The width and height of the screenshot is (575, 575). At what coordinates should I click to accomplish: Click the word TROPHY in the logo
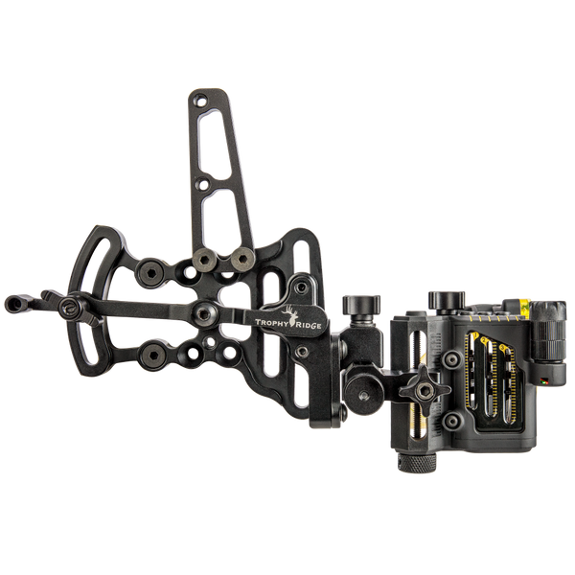(x=272, y=322)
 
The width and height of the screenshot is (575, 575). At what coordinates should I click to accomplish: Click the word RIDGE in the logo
(x=309, y=325)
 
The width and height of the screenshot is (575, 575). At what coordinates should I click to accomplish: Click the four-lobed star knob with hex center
(x=425, y=391)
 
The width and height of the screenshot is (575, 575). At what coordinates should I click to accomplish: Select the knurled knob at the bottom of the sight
(x=417, y=464)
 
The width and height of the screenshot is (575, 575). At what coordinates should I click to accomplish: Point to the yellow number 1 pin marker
(x=476, y=334)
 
